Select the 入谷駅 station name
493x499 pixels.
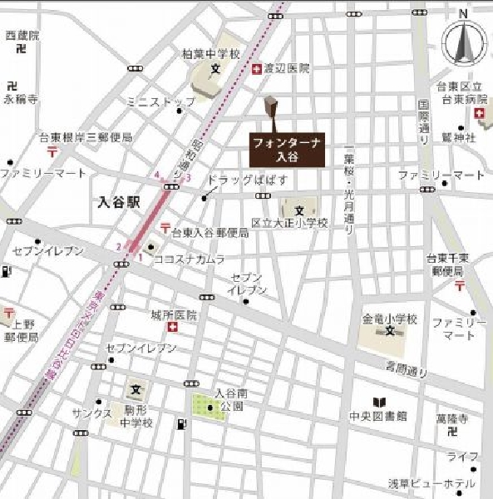[118, 200]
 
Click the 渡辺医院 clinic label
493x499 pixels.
[286, 69]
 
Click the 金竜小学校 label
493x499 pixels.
[389, 319]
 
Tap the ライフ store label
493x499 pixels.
[462, 457]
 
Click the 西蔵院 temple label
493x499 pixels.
[22, 36]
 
